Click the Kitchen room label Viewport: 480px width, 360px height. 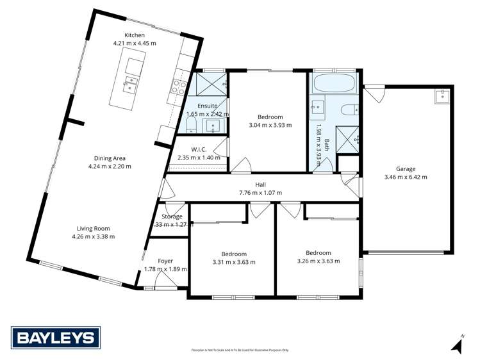tap(135, 35)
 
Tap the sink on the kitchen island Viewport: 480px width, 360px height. tap(131, 81)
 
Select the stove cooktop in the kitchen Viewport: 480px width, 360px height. tap(178, 86)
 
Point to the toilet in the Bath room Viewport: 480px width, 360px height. tap(350, 109)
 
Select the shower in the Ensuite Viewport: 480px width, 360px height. tap(210, 83)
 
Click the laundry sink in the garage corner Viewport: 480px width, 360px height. tap(441, 96)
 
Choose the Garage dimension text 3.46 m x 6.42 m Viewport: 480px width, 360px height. tap(405, 177)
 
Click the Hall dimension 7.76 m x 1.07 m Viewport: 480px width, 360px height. tap(260, 192)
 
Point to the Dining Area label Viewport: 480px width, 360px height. tap(110, 158)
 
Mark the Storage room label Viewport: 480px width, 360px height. tap(172, 217)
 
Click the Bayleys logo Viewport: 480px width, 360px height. tap(55, 337)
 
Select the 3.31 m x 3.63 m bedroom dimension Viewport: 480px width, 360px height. tap(233, 262)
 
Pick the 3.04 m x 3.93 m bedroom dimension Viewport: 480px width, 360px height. tap(270, 126)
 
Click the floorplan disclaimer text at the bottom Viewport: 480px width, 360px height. tap(240, 350)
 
